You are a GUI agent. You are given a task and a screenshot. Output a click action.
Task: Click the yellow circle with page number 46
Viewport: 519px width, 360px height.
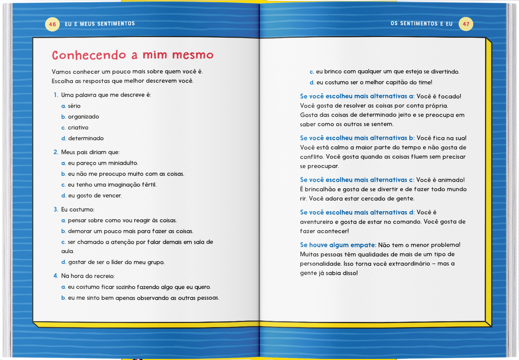(52, 24)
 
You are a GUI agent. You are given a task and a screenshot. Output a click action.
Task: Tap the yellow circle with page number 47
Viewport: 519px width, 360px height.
(466, 24)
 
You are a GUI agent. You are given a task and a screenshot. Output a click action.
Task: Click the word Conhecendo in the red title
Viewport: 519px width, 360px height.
(89, 55)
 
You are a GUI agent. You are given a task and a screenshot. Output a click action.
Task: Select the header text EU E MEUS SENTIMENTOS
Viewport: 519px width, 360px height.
(100, 24)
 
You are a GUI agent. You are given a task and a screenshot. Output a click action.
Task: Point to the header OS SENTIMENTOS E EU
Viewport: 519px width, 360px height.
(421, 24)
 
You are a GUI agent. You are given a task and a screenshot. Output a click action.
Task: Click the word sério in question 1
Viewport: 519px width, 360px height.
(74, 106)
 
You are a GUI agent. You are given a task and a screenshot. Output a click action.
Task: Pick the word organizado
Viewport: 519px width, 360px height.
(83, 117)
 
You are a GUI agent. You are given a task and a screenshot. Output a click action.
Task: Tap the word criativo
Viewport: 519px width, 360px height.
(78, 128)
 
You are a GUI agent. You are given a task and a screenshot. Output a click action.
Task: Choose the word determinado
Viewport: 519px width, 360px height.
(86, 138)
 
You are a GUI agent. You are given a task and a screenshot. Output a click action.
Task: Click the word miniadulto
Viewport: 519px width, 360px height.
(123, 163)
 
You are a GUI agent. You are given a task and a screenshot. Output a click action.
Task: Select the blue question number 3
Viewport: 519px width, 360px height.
(56, 209)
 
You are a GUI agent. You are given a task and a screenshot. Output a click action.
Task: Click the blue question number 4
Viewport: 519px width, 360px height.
(56, 276)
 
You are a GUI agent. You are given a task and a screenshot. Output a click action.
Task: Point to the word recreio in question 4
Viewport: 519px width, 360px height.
(103, 276)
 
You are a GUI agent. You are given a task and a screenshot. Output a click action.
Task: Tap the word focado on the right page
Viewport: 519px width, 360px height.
(449, 96)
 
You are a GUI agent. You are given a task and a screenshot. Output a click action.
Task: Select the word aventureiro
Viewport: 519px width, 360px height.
(316, 222)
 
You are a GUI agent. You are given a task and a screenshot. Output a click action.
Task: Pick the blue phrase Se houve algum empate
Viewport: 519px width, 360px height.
(338, 245)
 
